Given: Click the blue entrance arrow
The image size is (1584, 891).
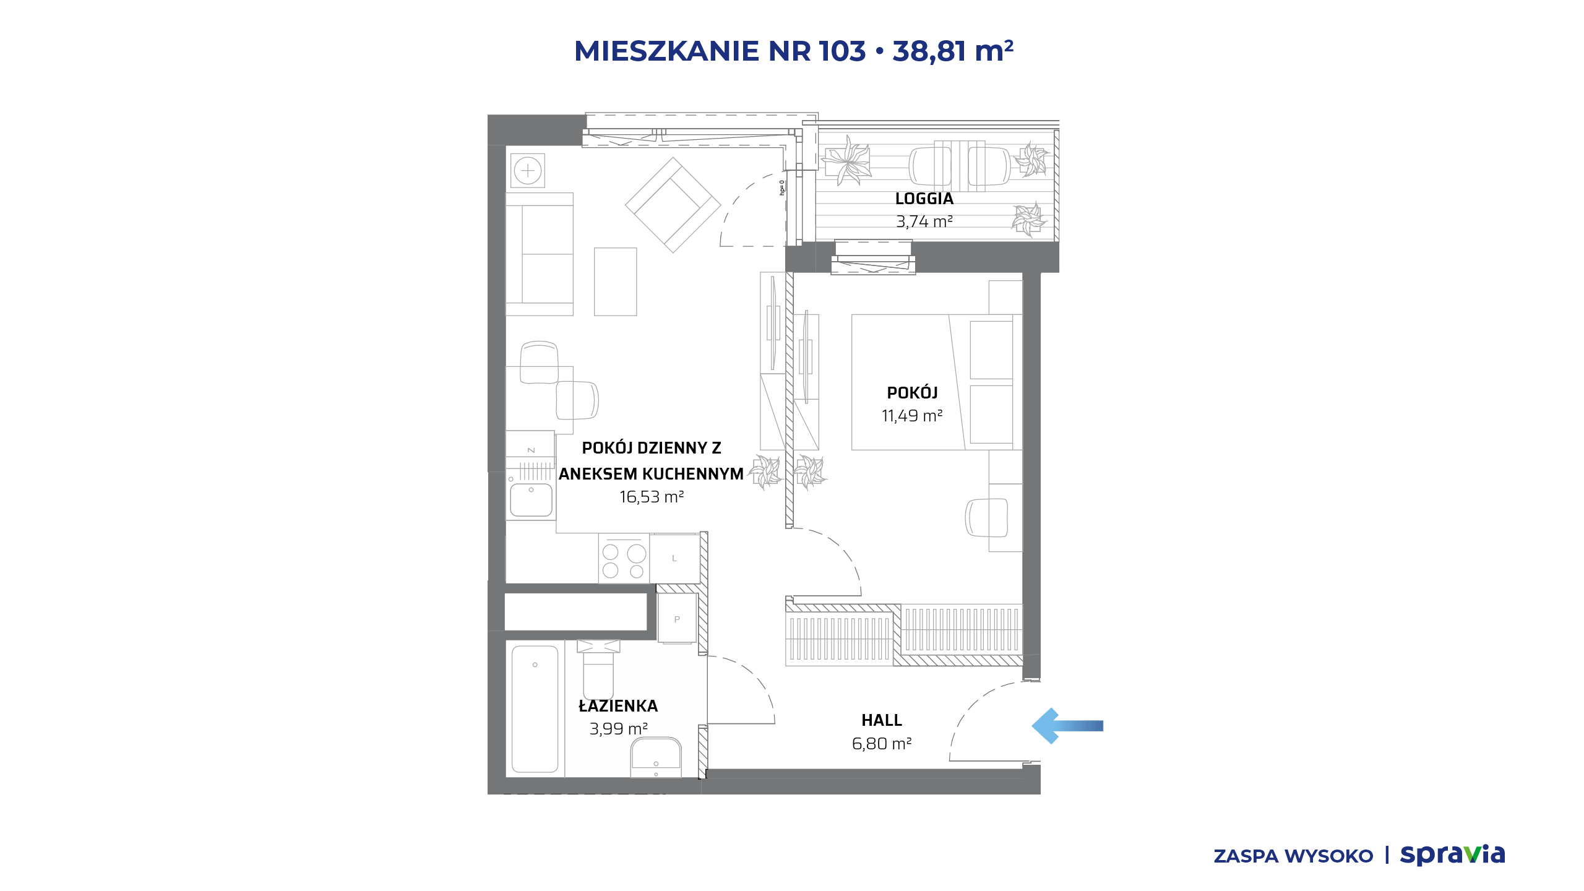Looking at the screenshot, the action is click(x=1067, y=726).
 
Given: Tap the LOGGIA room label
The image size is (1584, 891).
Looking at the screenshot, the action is click(x=924, y=199).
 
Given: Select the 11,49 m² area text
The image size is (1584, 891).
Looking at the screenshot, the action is click(x=912, y=416).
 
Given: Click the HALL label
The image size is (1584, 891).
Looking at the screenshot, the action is click(x=882, y=720).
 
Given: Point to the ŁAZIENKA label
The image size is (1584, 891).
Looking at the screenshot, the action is click(x=618, y=705).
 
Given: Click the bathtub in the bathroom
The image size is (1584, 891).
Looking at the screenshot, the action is click(x=535, y=709).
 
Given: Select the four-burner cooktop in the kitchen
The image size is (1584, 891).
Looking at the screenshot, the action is click(x=624, y=558).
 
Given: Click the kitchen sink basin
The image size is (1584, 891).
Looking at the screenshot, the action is click(x=531, y=500).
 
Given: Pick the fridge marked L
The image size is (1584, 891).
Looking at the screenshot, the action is click(x=674, y=558).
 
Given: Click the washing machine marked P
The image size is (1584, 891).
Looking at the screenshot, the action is click(x=677, y=619).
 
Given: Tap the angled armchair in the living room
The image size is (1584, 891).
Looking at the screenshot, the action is click(x=673, y=205).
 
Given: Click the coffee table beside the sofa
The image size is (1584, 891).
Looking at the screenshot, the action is click(x=615, y=282).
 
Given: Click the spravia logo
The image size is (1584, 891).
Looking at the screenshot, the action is click(x=1452, y=855).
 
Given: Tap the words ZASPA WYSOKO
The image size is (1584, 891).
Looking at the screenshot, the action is click(x=1293, y=856).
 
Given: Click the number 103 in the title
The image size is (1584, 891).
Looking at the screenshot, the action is click(x=842, y=51).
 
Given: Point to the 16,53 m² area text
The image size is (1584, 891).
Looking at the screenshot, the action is click(x=652, y=497).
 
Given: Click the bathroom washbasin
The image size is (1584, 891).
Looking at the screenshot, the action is click(x=656, y=757).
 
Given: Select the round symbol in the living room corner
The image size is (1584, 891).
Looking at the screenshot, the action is click(x=528, y=171).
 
